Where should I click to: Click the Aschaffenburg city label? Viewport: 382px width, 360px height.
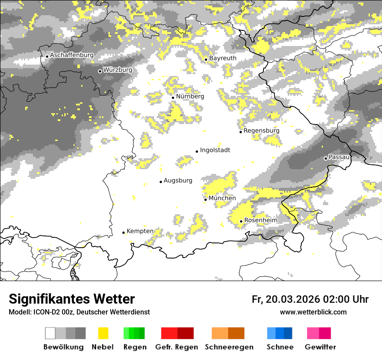click(72, 56)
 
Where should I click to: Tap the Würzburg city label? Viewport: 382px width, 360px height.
click(118, 70)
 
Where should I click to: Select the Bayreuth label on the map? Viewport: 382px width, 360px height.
click(223, 58)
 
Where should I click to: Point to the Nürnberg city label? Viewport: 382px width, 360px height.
click(190, 96)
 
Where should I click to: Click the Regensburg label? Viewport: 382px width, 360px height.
click(261, 131)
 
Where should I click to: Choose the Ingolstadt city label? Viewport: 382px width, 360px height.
click(215, 150)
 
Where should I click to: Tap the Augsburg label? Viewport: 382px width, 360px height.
click(178, 180)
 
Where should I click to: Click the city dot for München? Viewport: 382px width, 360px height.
click(205, 200)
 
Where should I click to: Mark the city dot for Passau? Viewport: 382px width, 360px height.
click(326, 158)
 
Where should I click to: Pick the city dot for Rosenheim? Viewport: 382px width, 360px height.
click(241, 221)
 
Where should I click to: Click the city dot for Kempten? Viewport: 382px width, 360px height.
click(123, 232)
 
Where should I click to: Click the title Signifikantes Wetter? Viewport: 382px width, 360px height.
click(72, 299)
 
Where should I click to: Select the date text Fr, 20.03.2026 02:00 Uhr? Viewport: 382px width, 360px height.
click(310, 299)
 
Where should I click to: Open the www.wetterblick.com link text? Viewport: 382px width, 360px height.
click(313, 312)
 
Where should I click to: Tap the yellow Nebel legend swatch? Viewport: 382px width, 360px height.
click(103, 333)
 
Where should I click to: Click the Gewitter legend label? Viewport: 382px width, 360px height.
click(320, 347)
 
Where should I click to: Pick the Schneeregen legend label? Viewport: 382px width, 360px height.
click(229, 347)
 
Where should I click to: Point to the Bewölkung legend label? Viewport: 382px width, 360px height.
click(63, 347)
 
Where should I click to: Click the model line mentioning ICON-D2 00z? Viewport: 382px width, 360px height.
click(79, 312)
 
